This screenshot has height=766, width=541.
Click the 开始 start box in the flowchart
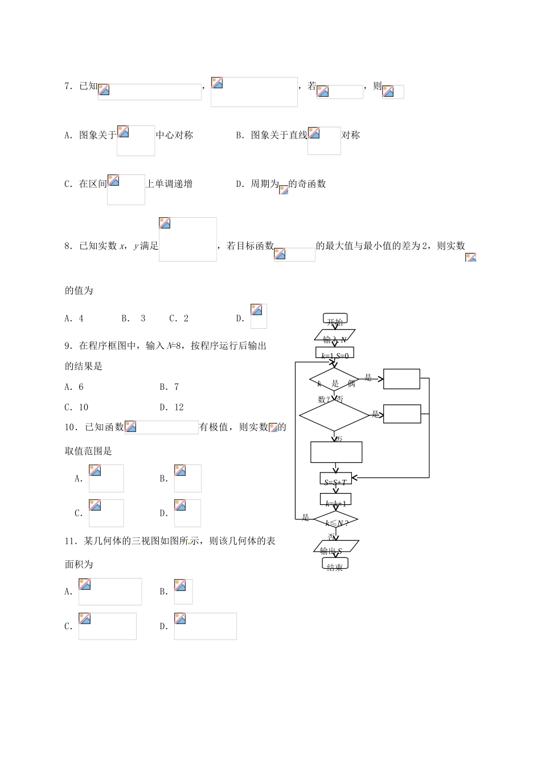click(x=335, y=319)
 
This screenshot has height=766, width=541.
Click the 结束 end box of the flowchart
click(x=335, y=564)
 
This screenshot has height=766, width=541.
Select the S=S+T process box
click(x=336, y=480)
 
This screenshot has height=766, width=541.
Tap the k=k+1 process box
click(x=336, y=500)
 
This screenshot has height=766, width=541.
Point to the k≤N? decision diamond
click(x=336, y=521)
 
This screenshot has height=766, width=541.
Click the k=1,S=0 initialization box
click(x=335, y=353)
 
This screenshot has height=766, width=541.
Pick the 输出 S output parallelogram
click(x=336, y=547)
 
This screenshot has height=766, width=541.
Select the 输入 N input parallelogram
click(x=335, y=336)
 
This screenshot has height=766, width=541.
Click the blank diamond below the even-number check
click(x=334, y=415)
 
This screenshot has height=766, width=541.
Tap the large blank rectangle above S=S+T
click(x=336, y=452)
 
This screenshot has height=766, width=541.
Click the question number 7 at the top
click(x=68, y=86)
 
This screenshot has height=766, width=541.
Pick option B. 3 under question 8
click(x=134, y=319)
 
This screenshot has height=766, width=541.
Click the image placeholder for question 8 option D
click(x=259, y=316)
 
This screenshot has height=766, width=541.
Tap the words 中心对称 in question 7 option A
click(x=174, y=135)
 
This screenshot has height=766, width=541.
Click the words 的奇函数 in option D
click(x=307, y=184)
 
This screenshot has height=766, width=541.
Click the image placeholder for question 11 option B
click(x=183, y=592)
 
